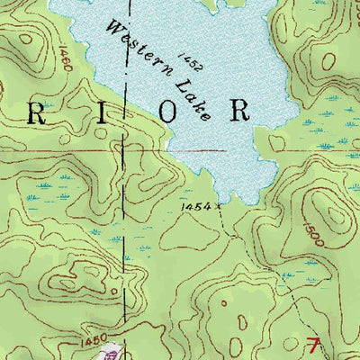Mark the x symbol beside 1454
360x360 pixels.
pos(217,206)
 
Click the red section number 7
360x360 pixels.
pos(313,344)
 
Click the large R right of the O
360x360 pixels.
pos(238,111)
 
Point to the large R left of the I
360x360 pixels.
pos(40,112)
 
